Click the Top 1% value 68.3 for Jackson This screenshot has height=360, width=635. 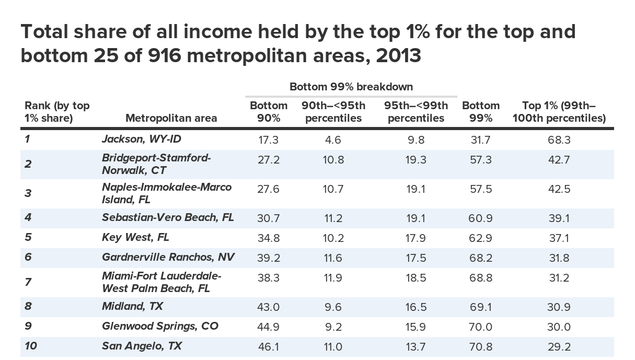click(559, 140)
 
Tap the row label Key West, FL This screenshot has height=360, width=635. click(135, 238)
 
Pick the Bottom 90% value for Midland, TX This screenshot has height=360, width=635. click(269, 307)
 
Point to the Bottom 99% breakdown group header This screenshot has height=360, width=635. click(351, 86)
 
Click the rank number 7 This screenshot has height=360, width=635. click(28, 282)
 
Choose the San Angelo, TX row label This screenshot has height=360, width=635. click(142, 346)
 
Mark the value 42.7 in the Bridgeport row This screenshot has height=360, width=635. click(559, 160)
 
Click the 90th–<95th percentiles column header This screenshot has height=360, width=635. click(333, 112)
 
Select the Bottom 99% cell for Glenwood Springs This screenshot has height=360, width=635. click(481, 327)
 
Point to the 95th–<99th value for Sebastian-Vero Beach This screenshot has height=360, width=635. click(416, 218)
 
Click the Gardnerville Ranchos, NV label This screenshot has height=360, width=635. click(168, 257)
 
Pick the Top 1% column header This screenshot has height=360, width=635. click(559, 112)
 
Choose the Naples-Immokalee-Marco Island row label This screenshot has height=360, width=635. click(167, 193)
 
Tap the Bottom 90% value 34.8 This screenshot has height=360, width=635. click(269, 238)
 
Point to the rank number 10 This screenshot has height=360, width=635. click(31, 346)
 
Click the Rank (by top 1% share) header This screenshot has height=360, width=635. click(57, 112)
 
